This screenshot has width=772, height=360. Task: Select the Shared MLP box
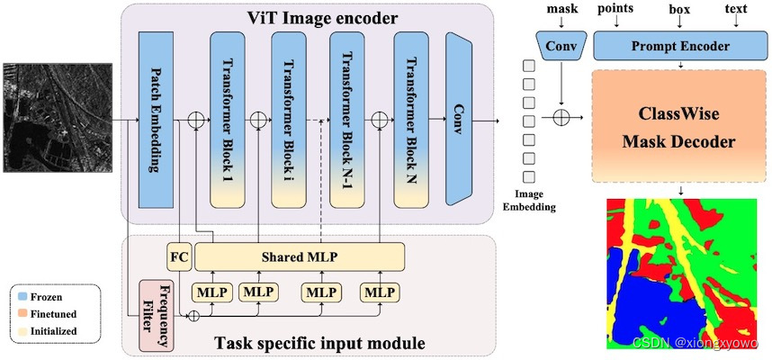click(x=299, y=256)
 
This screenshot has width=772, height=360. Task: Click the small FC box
click(x=177, y=256)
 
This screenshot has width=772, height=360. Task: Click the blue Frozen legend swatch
click(x=22, y=295)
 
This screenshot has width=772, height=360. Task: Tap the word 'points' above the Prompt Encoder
click(x=615, y=8)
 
